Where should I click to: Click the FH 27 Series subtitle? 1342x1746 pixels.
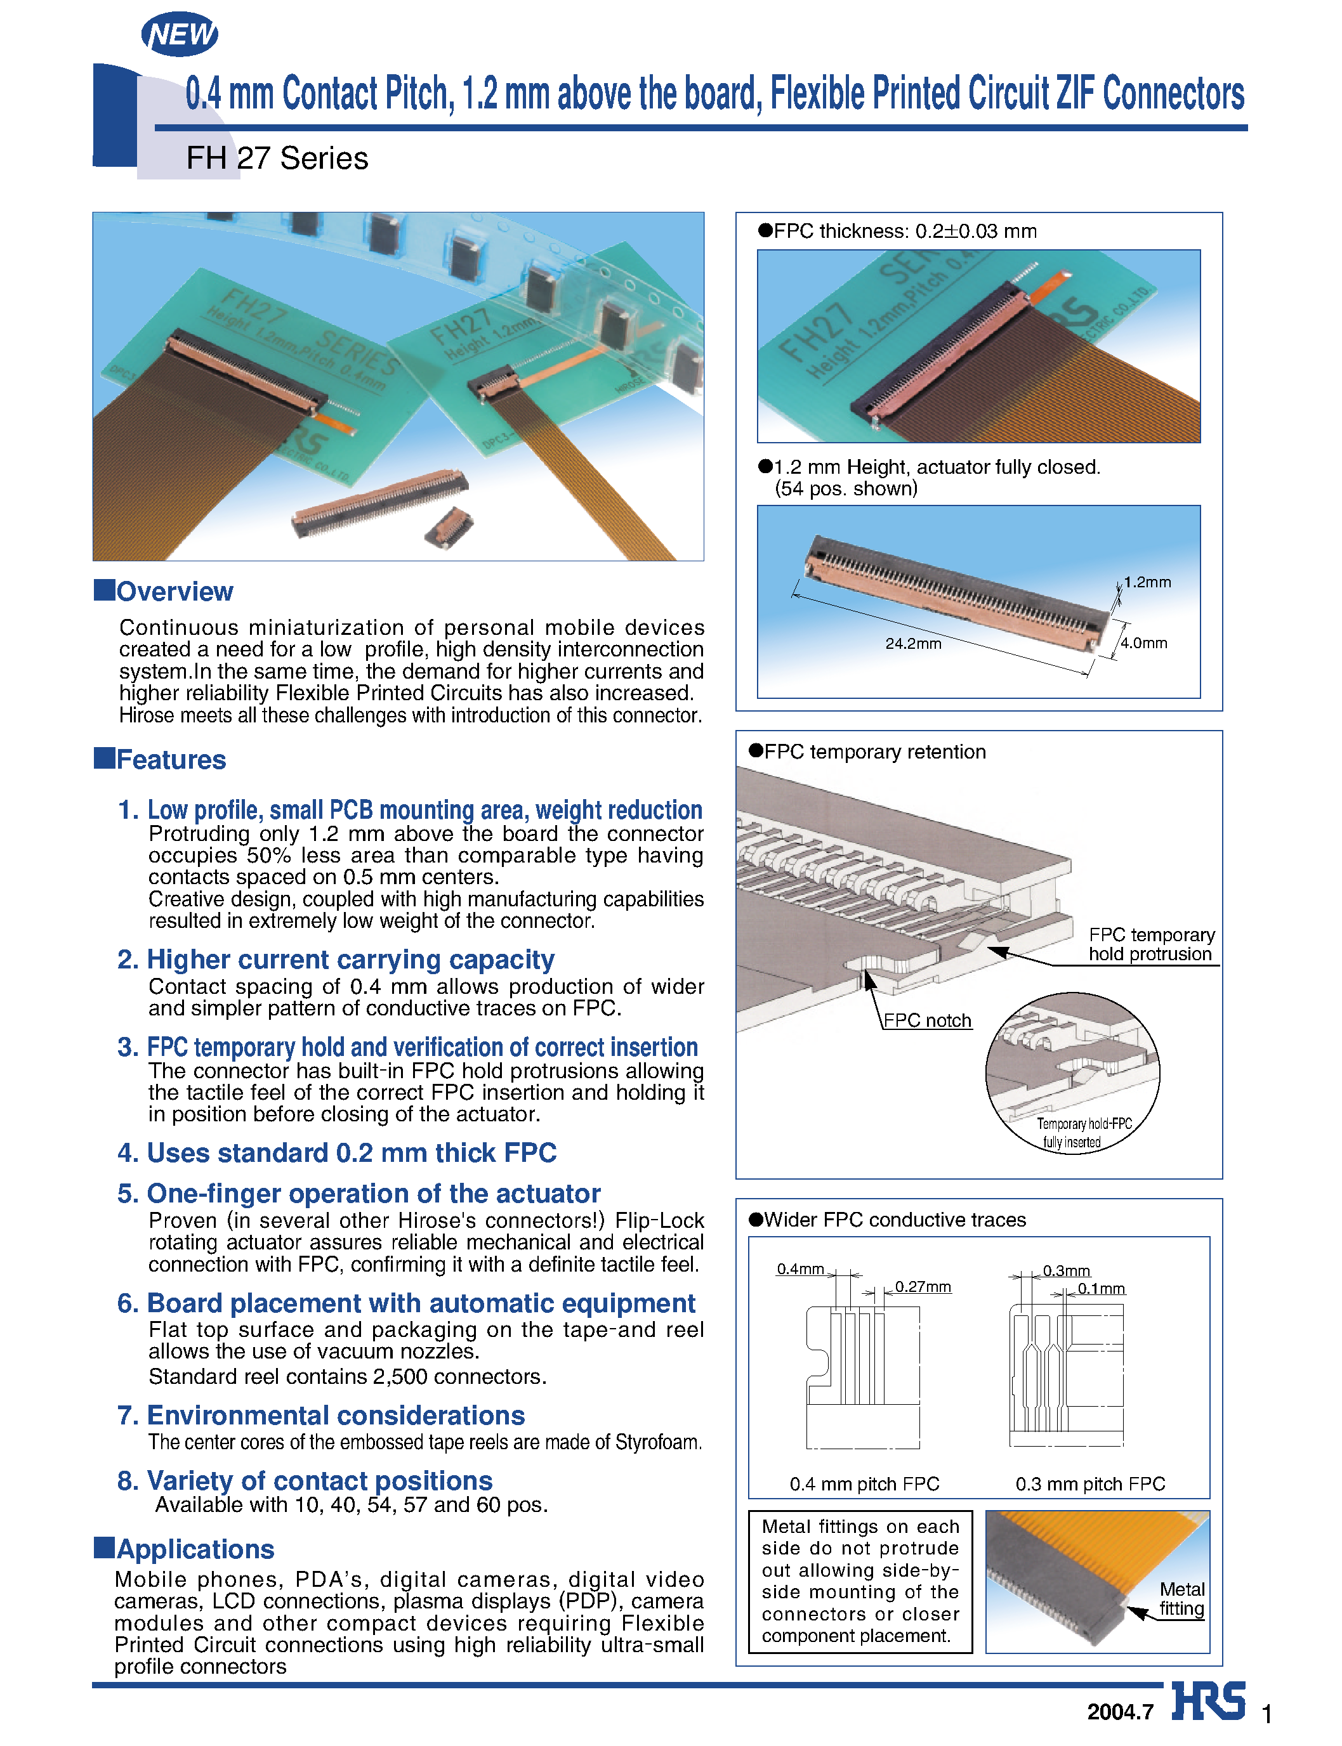(277, 158)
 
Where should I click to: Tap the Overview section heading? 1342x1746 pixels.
(174, 592)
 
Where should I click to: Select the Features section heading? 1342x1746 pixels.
(170, 759)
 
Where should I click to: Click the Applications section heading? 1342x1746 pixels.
(194, 1549)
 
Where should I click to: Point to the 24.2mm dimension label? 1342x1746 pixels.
(913, 644)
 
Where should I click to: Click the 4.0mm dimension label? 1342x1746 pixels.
(1143, 642)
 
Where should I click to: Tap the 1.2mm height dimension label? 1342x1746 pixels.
(1147, 582)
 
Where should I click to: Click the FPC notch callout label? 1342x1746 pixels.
(926, 1020)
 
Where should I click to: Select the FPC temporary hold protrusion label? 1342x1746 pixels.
(1151, 944)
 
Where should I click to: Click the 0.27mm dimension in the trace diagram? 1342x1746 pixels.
(923, 1287)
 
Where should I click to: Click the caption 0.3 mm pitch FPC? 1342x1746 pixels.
(1089, 1484)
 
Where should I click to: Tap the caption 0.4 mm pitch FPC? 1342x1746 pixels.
(864, 1484)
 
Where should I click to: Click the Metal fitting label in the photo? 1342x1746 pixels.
(1181, 1599)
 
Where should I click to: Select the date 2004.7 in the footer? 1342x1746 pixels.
(1120, 1712)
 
